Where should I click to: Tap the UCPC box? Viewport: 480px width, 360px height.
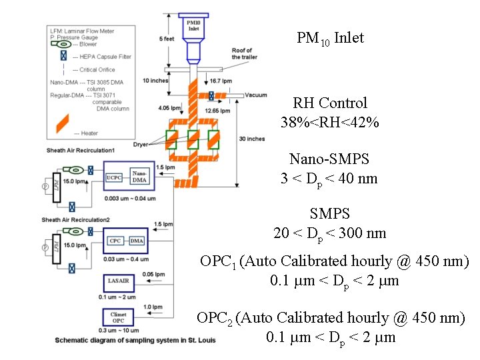pyautogui.click(x=113, y=178)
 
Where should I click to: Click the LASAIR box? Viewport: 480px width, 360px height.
pyautogui.click(x=117, y=283)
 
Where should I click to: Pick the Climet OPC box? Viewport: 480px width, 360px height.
pyautogui.click(x=117, y=317)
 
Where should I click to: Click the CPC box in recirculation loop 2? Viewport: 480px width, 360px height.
pyautogui.click(x=115, y=241)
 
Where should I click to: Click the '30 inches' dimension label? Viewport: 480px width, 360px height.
pyautogui.click(x=251, y=139)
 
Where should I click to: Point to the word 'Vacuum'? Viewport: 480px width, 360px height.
pyautogui.click(x=255, y=95)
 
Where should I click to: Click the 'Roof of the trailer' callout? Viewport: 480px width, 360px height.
pyautogui.click(x=241, y=54)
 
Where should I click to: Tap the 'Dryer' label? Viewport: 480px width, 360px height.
pyautogui.click(x=140, y=144)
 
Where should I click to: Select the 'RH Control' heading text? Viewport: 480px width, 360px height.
pyautogui.click(x=330, y=103)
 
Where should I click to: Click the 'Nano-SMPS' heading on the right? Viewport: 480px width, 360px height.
pyautogui.click(x=329, y=159)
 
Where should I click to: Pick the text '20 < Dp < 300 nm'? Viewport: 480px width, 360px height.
pyautogui.click(x=329, y=233)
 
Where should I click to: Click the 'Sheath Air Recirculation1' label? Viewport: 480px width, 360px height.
pyautogui.click(x=81, y=150)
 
